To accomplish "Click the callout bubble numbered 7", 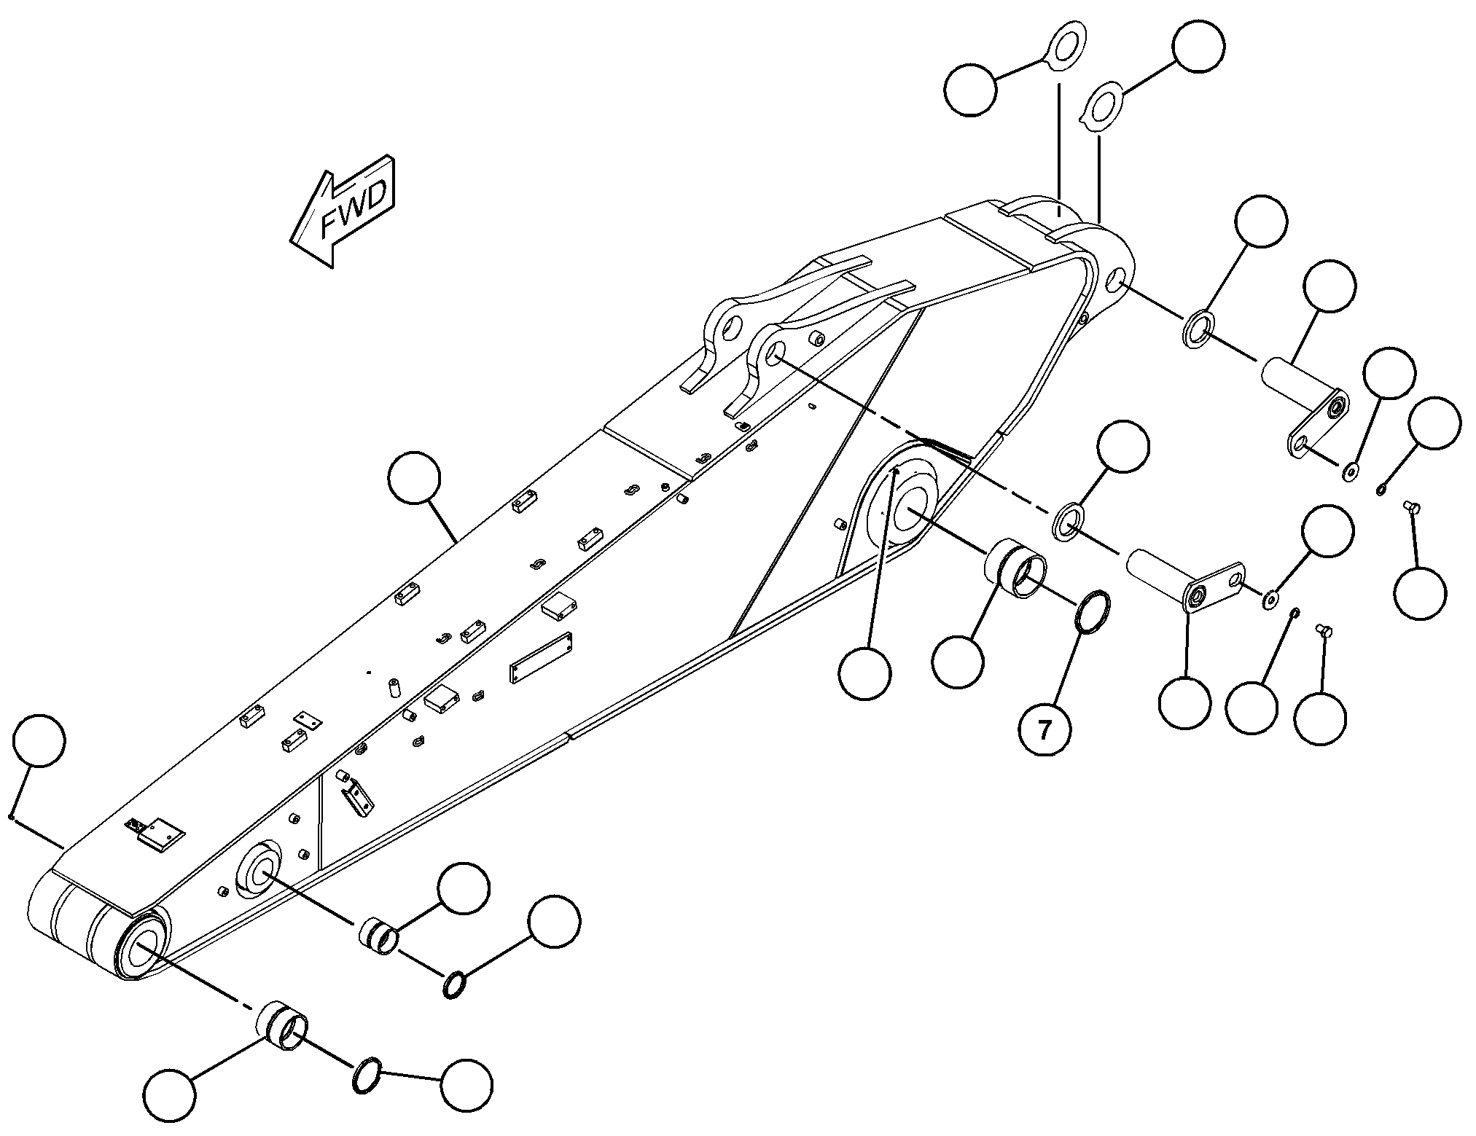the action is pos(1045,729).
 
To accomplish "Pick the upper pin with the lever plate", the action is pos(1305,415).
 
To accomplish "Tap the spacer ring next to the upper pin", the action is pos(1198,329).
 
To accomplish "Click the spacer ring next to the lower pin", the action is pos(1069,521).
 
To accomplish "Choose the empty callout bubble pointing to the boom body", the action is pos(415,478).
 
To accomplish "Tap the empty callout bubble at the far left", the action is pos(39,740).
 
